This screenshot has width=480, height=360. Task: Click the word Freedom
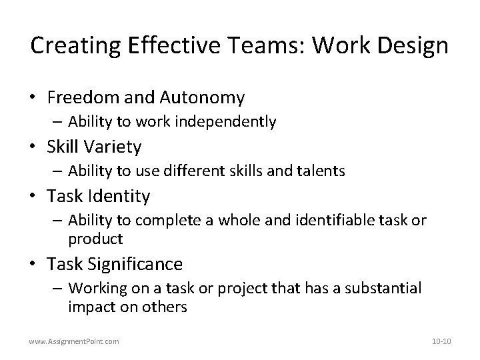83,98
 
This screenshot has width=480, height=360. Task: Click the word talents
319,171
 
